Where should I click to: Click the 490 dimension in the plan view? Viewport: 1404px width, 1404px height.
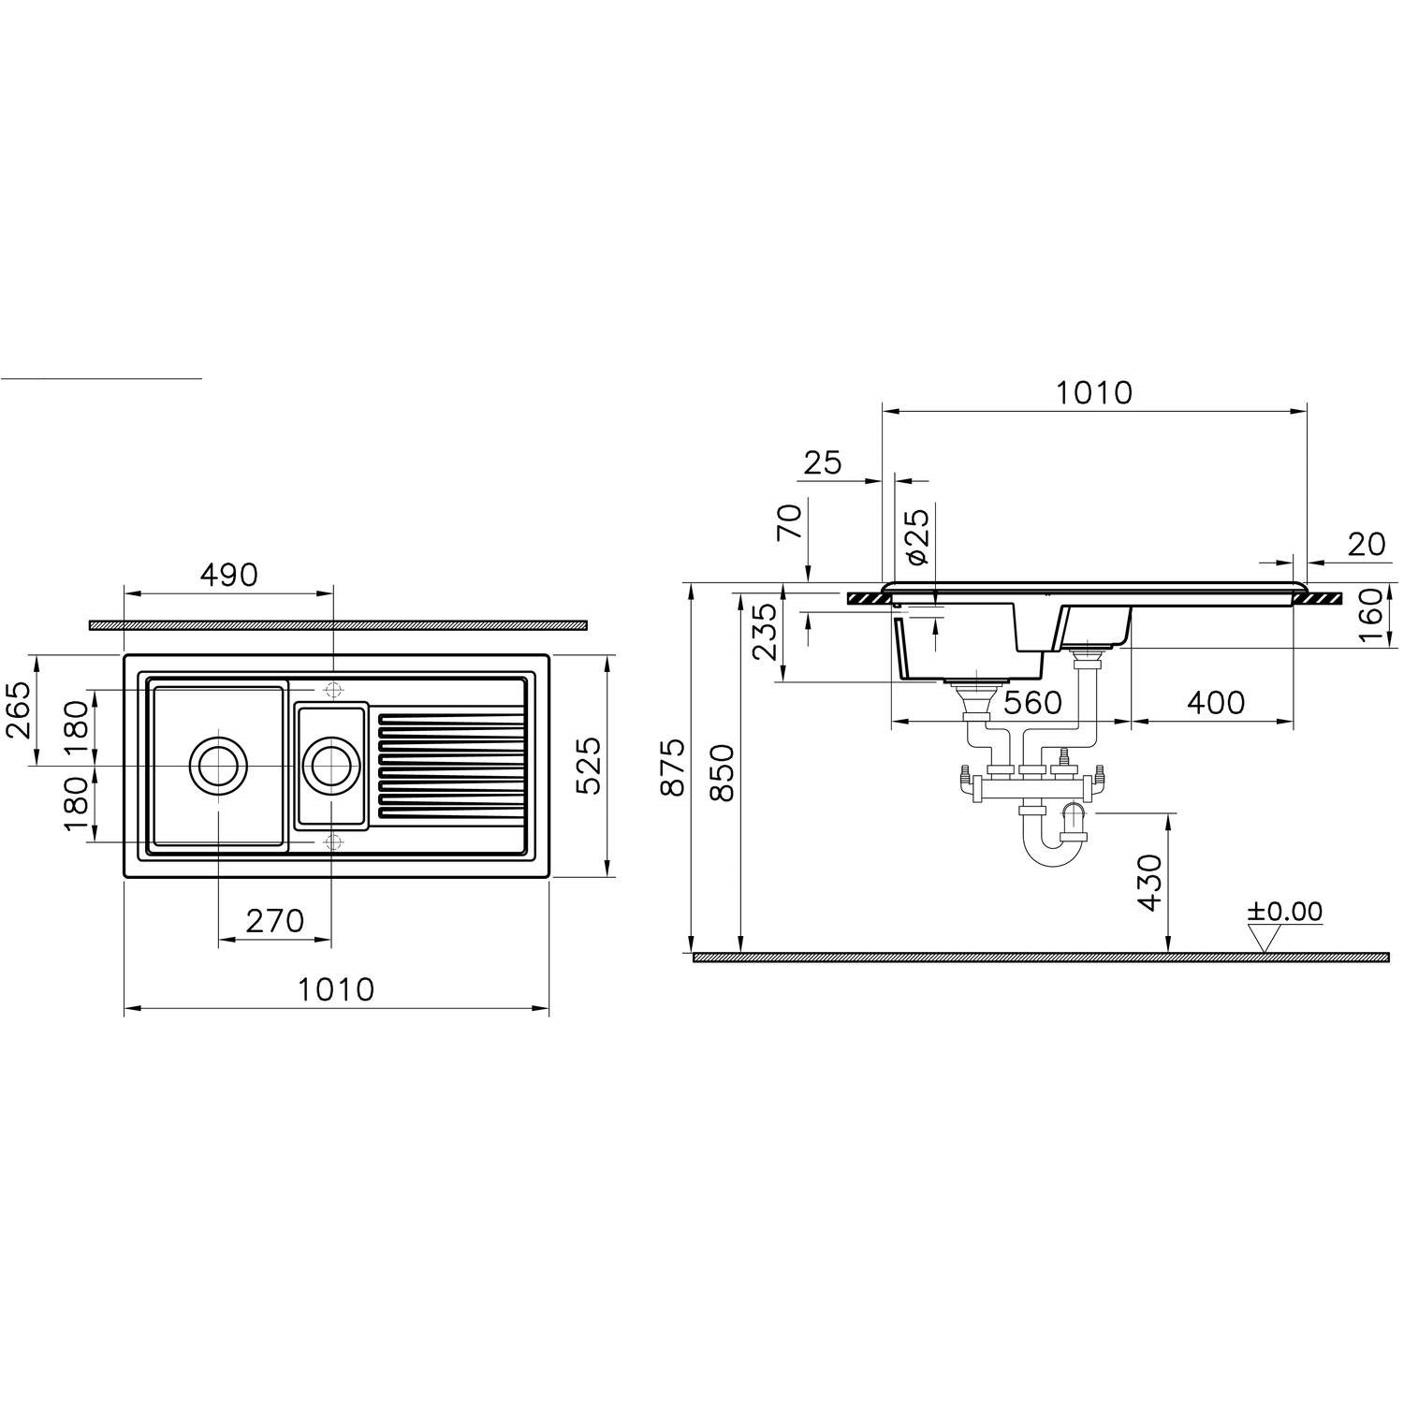coord(228,574)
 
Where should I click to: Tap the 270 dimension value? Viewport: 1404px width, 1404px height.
coord(275,921)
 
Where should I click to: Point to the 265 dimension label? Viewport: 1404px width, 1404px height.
coord(20,710)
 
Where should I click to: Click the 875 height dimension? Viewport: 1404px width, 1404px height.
coord(674,768)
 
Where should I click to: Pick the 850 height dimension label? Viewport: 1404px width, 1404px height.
coord(724,773)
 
